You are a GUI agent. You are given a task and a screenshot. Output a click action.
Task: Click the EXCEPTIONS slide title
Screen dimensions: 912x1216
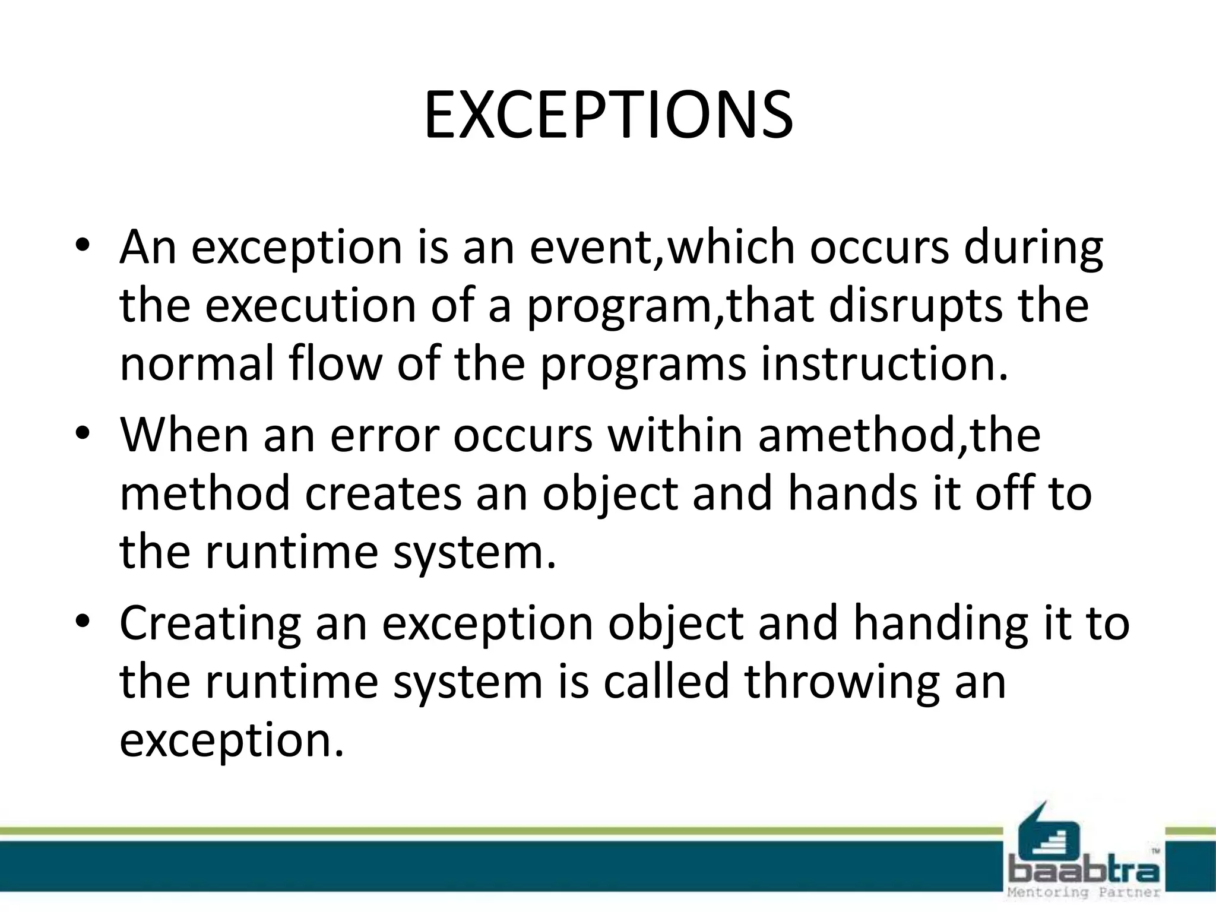click(608, 115)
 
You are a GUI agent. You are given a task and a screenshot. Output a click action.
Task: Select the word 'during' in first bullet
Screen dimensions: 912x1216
click(1033, 248)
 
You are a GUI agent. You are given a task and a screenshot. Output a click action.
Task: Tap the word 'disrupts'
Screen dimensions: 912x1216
click(915, 306)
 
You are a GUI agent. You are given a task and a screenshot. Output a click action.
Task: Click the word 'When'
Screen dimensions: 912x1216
click(184, 435)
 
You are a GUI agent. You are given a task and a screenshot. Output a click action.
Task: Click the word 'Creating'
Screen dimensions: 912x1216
click(211, 623)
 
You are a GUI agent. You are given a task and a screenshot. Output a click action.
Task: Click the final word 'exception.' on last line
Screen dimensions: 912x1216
click(232, 741)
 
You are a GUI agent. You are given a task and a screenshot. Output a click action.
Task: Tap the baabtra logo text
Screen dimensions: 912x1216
click(1084, 872)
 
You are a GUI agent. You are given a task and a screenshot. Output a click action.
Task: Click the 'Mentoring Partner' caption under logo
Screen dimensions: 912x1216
click(1084, 892)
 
